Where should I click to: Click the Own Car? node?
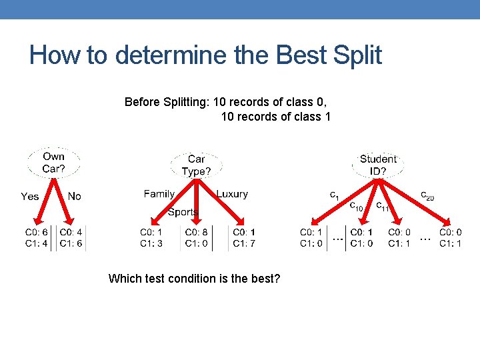(x=53, y=163)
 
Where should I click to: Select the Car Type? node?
(x=196, y=165)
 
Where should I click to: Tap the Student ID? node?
(x=377, y=165)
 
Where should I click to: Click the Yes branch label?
(x=30, y=196)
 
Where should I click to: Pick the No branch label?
(x=74, y=196)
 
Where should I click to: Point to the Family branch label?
(x=159, y=194)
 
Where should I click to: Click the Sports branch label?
(x=183, y=212)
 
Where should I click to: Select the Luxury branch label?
(x=232, y=194)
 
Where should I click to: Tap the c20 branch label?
(x=427, y=196)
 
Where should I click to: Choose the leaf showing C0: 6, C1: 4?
(x=37, y=237)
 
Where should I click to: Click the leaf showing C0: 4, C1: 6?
(x=71, y=237)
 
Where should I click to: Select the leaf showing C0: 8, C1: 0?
(x=197, y=237)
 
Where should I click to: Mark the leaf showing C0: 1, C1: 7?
(x=244, y=237)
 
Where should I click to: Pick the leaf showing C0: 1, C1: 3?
(x=151, y=237)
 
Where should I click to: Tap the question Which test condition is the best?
(x=194, y=278)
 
